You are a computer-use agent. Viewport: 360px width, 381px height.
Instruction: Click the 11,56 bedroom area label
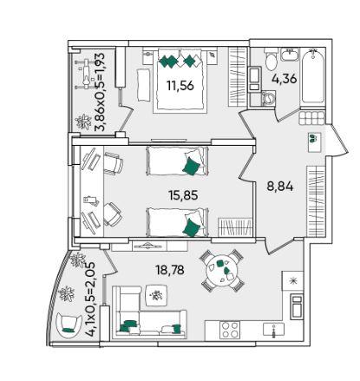(x=180, y=85)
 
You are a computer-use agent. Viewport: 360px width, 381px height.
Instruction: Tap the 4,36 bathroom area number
(x=285, y=78)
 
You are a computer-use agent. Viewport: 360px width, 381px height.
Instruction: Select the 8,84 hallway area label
(x=280, y=187)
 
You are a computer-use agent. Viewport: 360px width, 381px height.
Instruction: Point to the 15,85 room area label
(x=183, y=195)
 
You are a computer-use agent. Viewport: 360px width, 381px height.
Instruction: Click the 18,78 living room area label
(x=170, y=270)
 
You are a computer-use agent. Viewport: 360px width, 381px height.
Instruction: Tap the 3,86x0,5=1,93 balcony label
(x=100, y=92)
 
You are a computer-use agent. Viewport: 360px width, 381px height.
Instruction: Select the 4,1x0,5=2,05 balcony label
(x=90, y=299)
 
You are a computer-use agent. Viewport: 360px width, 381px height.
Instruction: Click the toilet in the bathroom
(x=270, y=60)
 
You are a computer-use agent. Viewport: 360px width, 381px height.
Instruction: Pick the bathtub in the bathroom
(x=313, y=76)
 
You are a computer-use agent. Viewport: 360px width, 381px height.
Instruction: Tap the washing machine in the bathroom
(x=268, y=98)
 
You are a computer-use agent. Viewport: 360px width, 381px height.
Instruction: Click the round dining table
(x=221, y=270)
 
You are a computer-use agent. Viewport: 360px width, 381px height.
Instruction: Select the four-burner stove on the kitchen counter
(x=229, y=330)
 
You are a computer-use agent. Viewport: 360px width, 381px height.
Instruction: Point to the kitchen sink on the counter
(x=273, y=330)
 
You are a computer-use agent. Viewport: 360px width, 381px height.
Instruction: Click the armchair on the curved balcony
(x=69, y=325)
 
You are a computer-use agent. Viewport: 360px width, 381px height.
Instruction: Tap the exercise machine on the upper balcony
(x=86, y=74)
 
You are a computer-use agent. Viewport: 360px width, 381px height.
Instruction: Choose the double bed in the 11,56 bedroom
(x=182, y=80)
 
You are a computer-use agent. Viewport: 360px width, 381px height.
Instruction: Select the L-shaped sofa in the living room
(x=149, y=312)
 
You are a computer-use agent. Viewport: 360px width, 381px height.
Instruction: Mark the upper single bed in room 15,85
(x=177, y=161)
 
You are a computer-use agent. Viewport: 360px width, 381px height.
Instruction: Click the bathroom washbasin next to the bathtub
(x=289, y=55)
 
